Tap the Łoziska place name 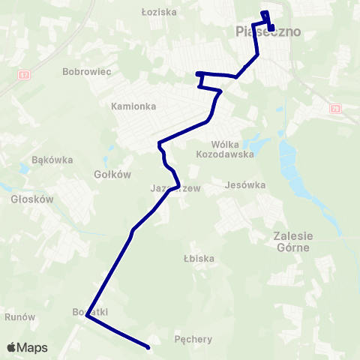(158, 12)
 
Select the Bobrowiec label (87, 72)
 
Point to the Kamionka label (133, 106)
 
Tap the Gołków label (113, 174)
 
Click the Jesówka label (246, 184)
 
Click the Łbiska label (199, 259)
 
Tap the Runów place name (20, 317)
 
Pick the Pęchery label (193, 339)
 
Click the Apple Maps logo (27, 348)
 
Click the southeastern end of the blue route (148, 347)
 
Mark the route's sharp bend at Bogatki (88, 316)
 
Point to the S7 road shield (25, 75)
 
